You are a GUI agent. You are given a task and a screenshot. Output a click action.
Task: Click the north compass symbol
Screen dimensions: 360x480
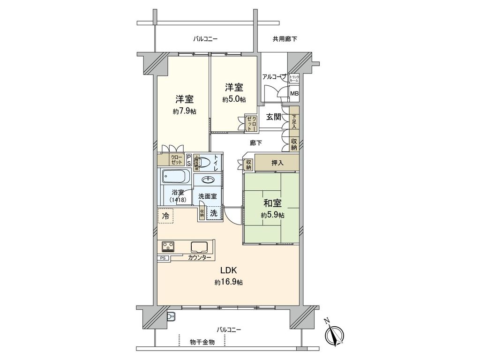[334, 333]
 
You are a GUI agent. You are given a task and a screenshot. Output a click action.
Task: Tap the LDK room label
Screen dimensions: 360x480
[229, 270]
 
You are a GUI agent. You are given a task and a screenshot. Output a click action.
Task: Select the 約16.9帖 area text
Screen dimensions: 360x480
[229, 282]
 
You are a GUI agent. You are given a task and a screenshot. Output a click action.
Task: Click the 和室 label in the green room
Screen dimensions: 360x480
[272, 204]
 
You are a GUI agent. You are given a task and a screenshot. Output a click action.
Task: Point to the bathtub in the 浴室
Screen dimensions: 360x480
[176, 177]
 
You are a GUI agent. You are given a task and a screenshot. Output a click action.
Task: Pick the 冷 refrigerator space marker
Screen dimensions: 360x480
[165, 216]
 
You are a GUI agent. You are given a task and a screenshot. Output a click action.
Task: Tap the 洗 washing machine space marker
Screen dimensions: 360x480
[213, 213]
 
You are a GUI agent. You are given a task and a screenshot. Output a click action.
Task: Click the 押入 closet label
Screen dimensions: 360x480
[277, 163]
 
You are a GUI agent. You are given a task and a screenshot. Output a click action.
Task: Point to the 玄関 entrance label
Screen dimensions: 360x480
[274, 117]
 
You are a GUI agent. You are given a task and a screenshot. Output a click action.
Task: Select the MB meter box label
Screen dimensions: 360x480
[294, 94]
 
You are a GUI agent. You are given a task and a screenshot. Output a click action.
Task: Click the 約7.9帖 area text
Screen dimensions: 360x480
[184, 111]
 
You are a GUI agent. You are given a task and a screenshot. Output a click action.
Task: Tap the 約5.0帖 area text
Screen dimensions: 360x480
[234, 99]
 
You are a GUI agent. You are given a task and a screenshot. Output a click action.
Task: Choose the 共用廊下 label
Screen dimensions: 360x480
[285, 39]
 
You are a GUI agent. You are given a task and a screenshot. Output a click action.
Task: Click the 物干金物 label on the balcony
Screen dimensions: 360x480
[202, 342]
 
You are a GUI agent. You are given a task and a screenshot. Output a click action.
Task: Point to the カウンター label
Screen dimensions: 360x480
[199, 258]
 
